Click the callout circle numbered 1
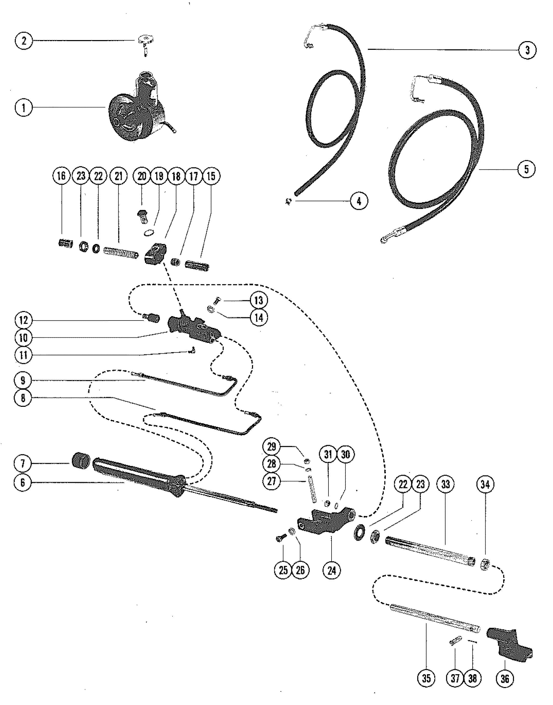tap(24, 108)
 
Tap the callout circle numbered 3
tap(527, 50)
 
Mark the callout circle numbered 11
tap(23, 355)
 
